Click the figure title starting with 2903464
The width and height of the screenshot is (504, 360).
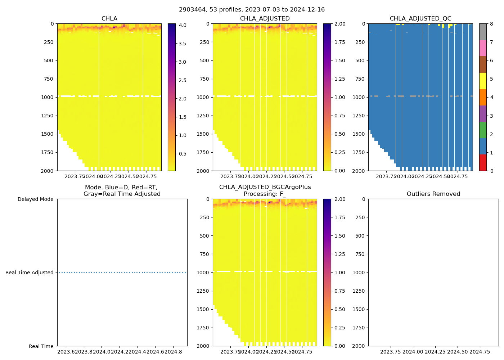click(x=252, y=10)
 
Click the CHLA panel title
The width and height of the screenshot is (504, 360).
click(x=109, y=19)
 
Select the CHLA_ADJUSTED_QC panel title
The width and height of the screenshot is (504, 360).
click(x=420, y=19)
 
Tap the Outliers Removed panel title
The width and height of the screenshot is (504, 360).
click(x=433, y=194)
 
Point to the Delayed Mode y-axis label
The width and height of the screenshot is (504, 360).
click(x=35, y=199)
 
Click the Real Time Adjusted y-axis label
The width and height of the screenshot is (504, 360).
click(x=30, y=273)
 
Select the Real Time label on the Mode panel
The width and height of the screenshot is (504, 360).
click(x=41, y=346)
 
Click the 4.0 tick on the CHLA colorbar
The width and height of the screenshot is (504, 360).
click(x=183, y=25)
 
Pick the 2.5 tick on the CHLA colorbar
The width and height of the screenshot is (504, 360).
click(x=183, y=80)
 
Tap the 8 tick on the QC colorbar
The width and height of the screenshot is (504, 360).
click(x=491, y=24)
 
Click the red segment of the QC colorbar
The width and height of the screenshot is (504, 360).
click(x=483, y=162)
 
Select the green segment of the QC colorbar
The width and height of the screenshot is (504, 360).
click(x=483, y=130)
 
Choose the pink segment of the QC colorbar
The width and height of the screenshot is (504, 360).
click(x=483, y=48)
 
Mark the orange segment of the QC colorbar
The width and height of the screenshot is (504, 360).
click(x=483, y=97)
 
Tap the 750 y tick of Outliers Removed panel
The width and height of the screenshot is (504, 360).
click(x=360, y=254)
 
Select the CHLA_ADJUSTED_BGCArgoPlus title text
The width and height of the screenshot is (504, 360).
click(x=265, y=187)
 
